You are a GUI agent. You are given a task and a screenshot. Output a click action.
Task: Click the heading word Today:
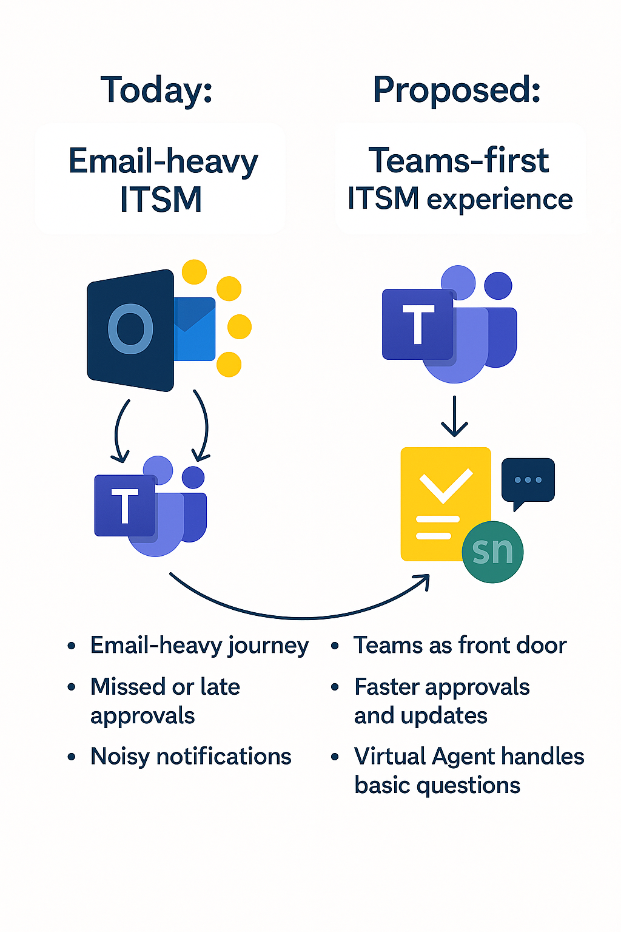156,90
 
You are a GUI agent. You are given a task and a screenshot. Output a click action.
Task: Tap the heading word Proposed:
457,90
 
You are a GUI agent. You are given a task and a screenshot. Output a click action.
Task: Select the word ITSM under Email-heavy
161,200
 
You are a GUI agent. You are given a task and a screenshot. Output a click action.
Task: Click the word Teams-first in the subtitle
458,161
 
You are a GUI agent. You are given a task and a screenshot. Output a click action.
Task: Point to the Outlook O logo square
130,329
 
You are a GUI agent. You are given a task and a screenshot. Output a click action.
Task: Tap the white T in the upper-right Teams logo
418,325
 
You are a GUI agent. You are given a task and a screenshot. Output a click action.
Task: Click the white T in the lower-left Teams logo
125,505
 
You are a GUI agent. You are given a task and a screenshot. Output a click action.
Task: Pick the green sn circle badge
492,552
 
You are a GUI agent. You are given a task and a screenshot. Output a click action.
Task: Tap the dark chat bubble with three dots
528,481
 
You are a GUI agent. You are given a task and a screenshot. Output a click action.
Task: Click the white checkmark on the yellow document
446,485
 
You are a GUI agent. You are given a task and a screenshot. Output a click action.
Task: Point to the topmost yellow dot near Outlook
194,272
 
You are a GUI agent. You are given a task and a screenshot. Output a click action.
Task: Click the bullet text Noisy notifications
190,757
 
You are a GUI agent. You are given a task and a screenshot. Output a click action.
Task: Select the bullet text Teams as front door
460,645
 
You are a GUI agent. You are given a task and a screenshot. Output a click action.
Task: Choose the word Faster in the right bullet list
387,687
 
